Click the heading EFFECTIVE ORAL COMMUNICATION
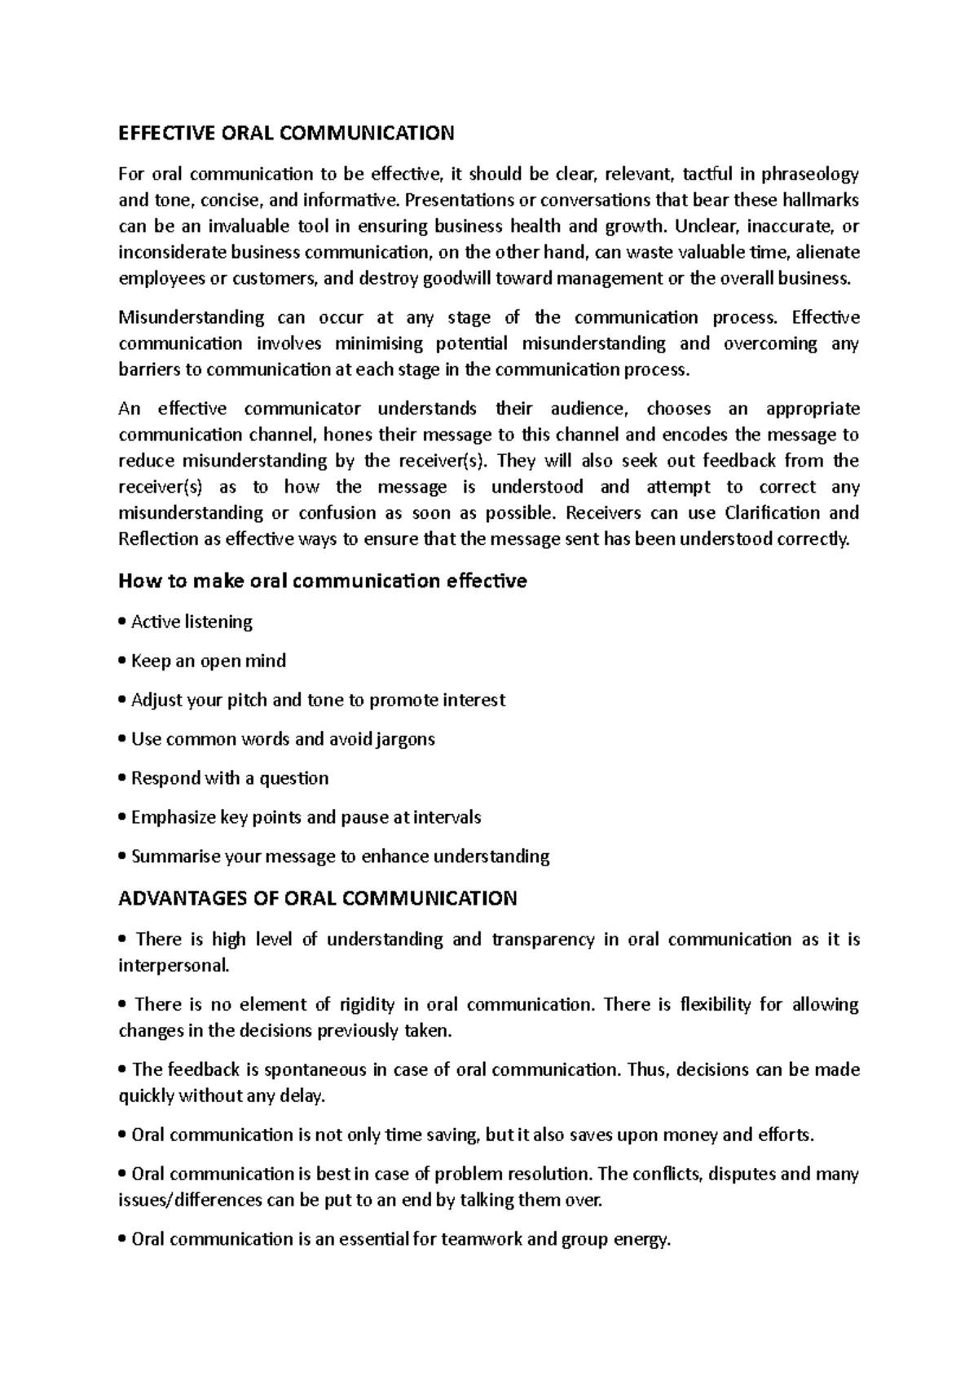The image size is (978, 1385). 286,133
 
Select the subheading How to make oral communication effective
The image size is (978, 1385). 323,581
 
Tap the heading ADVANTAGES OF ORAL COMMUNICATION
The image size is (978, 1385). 318,899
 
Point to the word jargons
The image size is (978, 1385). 405,740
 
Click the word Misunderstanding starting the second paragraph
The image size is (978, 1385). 192,317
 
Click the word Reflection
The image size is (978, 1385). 158,539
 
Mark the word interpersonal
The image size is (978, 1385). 173,966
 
